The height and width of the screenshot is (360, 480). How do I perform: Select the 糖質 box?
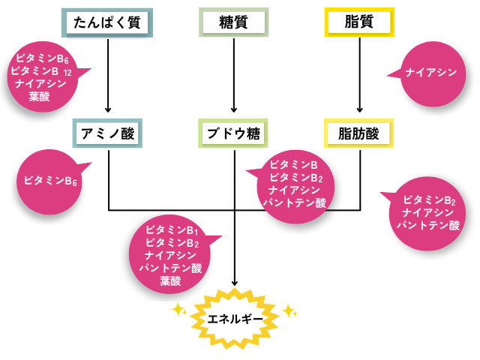click(235, 23)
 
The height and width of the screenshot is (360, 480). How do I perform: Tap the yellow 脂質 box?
click(361, 23)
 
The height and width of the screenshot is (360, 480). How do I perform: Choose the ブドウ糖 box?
click(235, 134)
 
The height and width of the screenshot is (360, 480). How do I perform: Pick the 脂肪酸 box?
click(361, 134)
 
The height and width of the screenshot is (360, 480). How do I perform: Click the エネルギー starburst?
click(235, 319)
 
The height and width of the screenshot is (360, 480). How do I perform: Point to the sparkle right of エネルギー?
click(289, 309)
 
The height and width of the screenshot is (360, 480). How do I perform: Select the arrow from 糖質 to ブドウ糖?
click(235, 75)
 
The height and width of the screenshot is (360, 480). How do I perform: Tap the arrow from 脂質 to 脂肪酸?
click(361, 75)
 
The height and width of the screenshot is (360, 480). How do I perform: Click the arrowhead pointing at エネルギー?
click(235, 283)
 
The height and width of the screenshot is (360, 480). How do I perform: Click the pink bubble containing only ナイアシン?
click(430, 73)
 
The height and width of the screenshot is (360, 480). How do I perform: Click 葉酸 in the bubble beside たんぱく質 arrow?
click(40, 96)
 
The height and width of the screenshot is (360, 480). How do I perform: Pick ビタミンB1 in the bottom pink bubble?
click(172, 230)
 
